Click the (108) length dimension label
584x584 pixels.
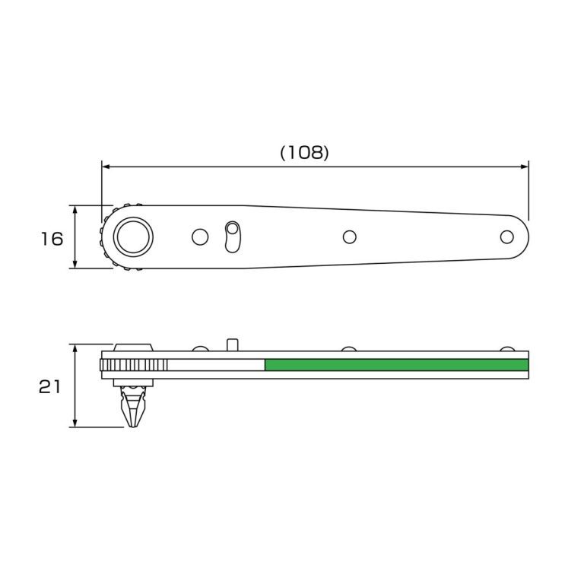pos(305,152)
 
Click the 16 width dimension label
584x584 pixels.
pos(52,239)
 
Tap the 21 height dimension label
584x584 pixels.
pos(49,387)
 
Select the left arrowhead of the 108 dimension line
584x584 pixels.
pos(106,167)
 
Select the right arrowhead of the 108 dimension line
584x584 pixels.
pos(525,167)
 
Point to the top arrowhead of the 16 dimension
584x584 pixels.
pos(75,210)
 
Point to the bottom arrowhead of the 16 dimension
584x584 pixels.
pos(75,263)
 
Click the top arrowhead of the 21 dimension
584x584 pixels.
pos(75,349)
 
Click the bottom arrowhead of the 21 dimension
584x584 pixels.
pos(75,423)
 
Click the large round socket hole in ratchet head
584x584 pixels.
pos(133,237)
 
